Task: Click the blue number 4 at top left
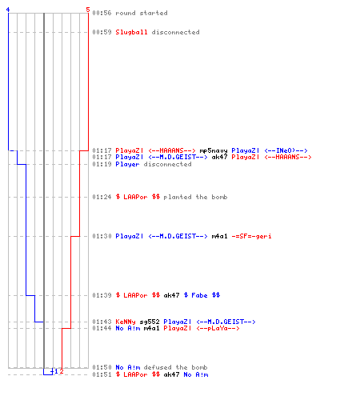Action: click(8, 10)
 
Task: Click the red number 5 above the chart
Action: click(88, 10)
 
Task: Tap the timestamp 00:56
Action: click(102, 13)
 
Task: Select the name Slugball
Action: click(131, 32)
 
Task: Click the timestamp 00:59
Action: click(102, 32)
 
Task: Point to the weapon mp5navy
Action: click(214, 151)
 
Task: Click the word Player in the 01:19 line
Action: click(127, 164)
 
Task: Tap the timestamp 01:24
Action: click(102, 197)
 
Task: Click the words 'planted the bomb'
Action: click(195, 197)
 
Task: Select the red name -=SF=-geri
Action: click(251, 236)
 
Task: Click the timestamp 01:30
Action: click(102, 236)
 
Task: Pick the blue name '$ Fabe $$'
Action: click(202, 295)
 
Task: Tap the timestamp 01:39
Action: click(102, 295)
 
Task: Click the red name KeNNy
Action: click(126, 322)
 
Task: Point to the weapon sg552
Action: click(150, 322)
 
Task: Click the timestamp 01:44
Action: click(102, 328)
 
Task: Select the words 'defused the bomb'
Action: click(175, 367)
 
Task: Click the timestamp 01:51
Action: click(102, 374)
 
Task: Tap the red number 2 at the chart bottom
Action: click(62, 371)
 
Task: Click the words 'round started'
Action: click(142, 13)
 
